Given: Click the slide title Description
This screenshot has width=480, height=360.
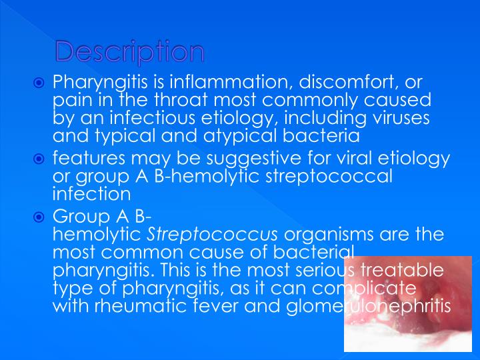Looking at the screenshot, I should coord(129,52).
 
